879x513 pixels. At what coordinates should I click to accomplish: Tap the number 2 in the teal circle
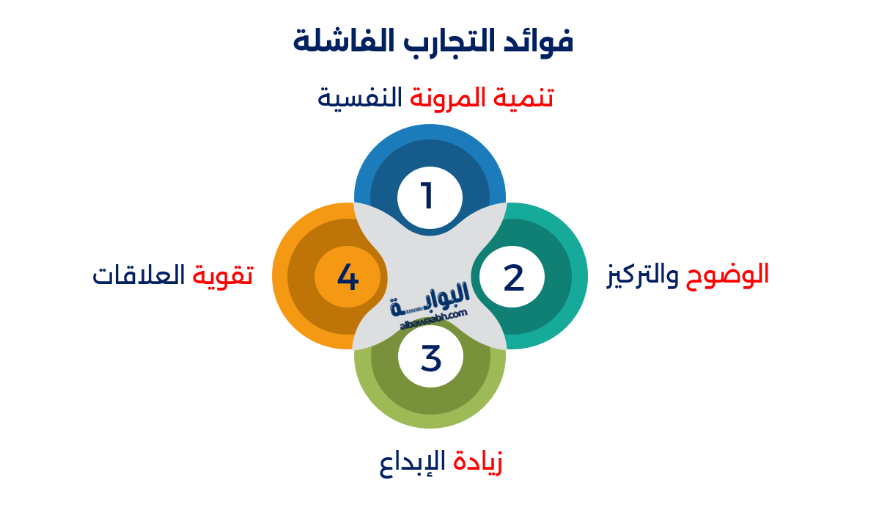click(x=513, y=277)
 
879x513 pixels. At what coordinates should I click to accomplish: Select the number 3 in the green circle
click(x=431, y=358)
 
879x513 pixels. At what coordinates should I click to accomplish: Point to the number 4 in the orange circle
click(x=347, y=277)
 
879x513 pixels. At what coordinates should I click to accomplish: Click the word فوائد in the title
click(x=541, y=40)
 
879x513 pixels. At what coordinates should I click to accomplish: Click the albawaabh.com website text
click(x=434, y=319)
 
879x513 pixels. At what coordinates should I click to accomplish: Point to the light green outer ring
click(x=431, y=419)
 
